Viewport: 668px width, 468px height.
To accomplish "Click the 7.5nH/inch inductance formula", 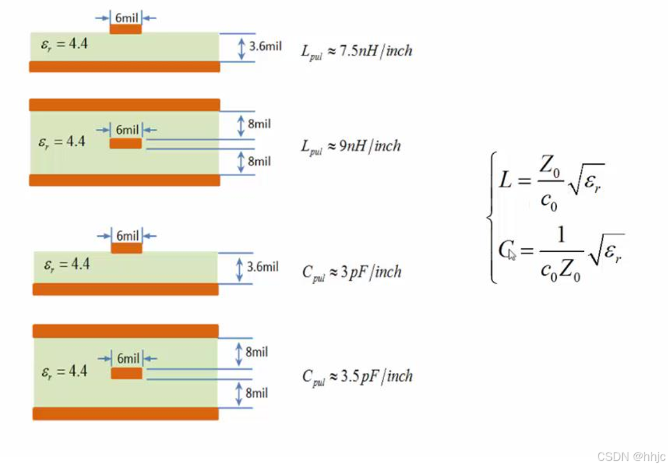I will click(357, 51).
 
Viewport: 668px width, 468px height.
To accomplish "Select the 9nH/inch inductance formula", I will click(351, 146).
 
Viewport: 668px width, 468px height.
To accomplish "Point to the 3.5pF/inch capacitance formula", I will click(357, 376).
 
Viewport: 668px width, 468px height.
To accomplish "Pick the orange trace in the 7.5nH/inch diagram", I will click(126, 29).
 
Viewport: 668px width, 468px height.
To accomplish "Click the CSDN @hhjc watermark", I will click(631, 457).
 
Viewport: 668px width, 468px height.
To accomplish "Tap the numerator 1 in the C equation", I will click(561, 234).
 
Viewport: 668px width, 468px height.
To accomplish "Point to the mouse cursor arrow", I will click(512, 254).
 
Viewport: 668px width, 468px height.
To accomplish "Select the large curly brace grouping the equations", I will click(492, 217).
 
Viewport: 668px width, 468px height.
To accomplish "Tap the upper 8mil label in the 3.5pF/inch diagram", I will click(256, 352).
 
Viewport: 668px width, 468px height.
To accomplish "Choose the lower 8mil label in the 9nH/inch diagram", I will click(259, 162).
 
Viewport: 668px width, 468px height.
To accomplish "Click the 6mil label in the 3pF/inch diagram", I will click(127, 236).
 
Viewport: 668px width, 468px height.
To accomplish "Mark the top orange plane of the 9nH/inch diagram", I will click(124, 105).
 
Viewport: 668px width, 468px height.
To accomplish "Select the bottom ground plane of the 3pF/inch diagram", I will click(126, 289).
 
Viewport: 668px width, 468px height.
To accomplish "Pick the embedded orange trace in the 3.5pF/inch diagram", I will click(126, 373).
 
